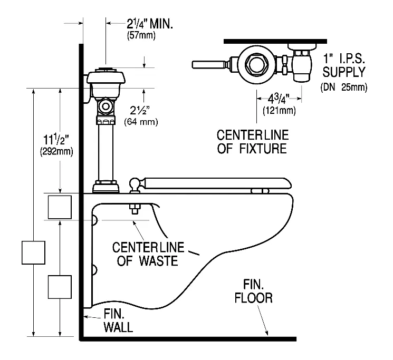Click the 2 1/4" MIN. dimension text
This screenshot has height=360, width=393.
pos(150,24)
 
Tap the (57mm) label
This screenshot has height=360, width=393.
pos(141,35)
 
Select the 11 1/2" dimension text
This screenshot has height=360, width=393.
pos(56,140)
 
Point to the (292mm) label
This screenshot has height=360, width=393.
pos(56,152)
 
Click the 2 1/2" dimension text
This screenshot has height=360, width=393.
pos(140,110)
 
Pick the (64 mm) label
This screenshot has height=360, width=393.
pos(141,122)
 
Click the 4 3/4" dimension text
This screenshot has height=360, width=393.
pos(279,99)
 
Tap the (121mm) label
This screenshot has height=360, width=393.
pos(279,110)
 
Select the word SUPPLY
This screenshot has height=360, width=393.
pos(344,72)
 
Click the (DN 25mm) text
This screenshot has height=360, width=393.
pos(344,87)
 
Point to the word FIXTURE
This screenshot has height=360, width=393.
pos(263,149)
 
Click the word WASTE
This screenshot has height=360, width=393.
pos(158,260)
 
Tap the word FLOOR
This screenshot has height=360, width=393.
pos(253,298)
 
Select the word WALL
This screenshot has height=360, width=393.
pos(118,327)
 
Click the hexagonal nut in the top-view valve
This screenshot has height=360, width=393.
pos(256,65)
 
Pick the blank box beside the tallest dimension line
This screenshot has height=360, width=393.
pos(33,252)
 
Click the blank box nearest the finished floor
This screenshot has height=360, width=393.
pos(60,287)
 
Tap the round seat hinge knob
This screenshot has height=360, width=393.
pos(135,183)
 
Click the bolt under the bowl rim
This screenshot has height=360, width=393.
pos(135,209)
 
